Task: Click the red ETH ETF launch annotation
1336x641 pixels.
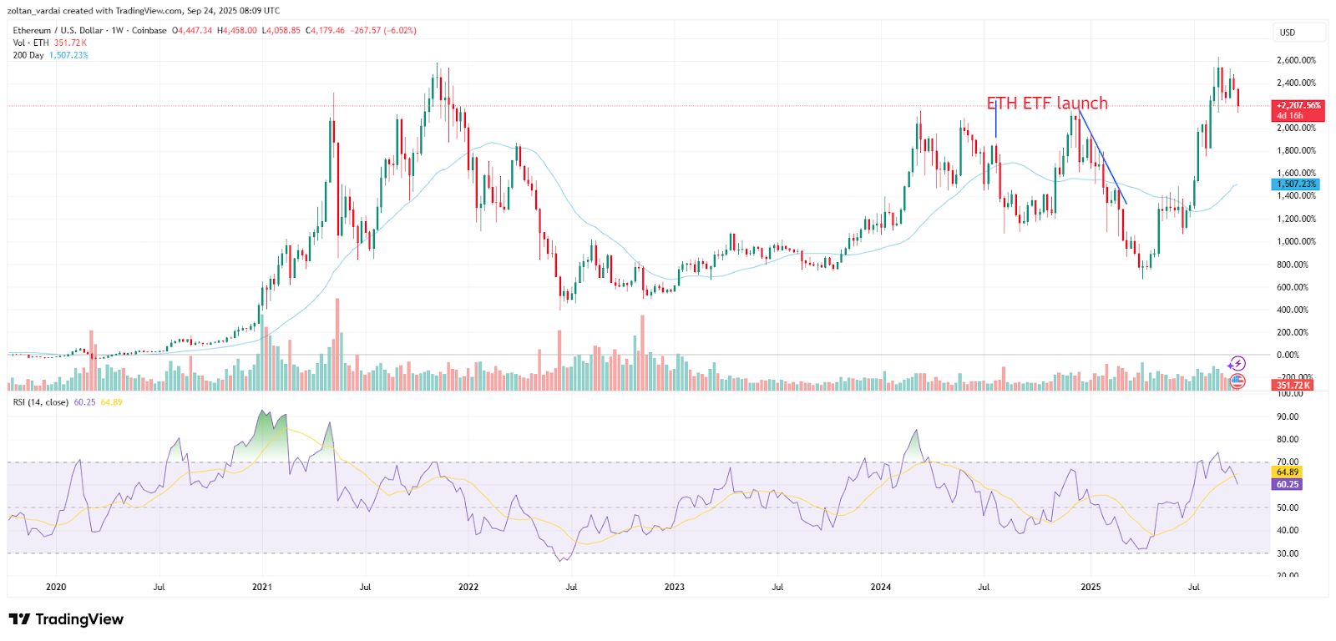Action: pyautogui.click(x=1047, y=103)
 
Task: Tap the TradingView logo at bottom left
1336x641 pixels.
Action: pyautogui.click(x=66, y=619)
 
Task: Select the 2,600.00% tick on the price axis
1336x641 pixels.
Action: pyautogui.click(x=1296, y=60)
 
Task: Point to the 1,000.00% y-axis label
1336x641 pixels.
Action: pyautogui.click(x=1296, y=241)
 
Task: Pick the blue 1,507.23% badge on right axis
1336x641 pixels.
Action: pyautogui.click(x=1296, y=184)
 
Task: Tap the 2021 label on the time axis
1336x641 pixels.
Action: pyautogui.click(x=262, y=587)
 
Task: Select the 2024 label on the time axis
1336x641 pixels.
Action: pyautogui.click(x=880, y=587)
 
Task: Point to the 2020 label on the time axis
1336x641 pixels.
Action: pyautogui.click(x=56, y=587)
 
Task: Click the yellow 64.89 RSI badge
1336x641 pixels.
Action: pyautogui.click(x=1288, y=472)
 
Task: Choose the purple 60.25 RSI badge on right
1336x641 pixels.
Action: pyautogui.click(x=1288, y=484)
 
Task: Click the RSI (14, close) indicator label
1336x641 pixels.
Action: pyautogui.click(x=41, y=402)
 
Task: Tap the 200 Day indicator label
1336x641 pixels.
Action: pyautogui.click(x=28, y=55)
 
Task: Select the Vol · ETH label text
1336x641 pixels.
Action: pyautogui.click(x=31, y=43)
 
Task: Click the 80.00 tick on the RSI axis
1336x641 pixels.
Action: pyautogui.click(x=1288, y=439)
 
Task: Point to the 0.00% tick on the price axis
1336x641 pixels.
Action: pyautogui.click(x=1288, y=355)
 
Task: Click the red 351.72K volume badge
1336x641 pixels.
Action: pyautogui.click(x=1293, y=385)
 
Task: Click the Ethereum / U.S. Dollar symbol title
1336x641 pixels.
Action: pyautogui.click(x=58, y=30)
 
